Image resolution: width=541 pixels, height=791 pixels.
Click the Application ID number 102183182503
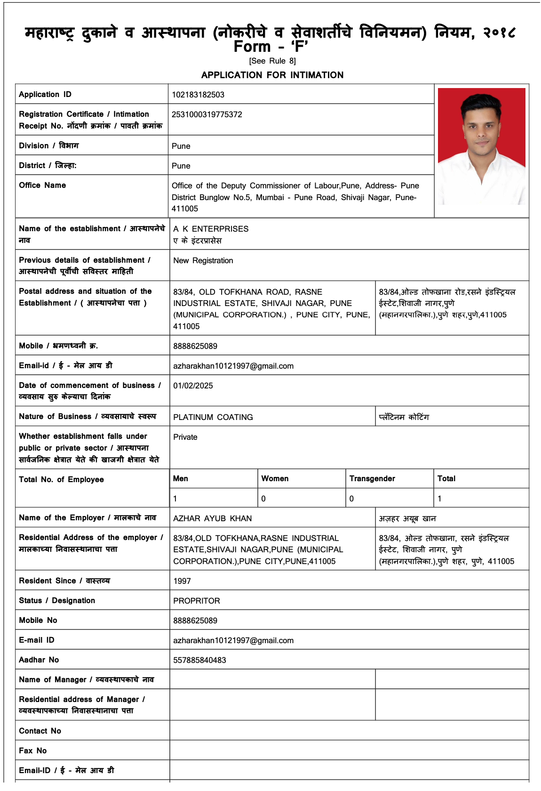(x=198, y=95)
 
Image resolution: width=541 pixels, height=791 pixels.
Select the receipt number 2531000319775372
(x=207, y=114)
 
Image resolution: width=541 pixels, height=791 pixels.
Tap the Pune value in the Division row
(x=181, y=146)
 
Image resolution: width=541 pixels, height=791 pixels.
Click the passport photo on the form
(x=481, y=146)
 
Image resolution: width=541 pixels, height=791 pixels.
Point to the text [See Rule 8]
(x=272, y=61)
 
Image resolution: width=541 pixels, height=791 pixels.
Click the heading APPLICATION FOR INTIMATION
(x=272, y=75)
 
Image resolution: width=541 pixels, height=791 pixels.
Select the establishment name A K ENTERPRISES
(x=211, y=229)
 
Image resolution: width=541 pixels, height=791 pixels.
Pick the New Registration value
(x=203, y=260)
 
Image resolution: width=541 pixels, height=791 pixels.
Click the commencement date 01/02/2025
(x=193, y=386)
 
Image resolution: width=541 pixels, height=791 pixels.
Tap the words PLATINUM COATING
(x=213, y=417)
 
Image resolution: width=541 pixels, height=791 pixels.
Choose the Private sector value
(x=185, y=437)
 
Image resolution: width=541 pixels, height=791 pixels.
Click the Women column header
(x=275, y=478)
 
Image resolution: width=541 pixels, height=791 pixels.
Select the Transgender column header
(x=372, y=478)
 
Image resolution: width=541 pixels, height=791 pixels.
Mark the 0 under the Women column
(x=263, y=499)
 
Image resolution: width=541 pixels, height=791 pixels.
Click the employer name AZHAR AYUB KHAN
(x=213, y=518)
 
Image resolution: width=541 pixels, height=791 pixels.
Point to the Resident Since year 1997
(x=182, y=581)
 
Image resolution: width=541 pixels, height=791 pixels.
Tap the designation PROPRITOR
(x=197, y=601)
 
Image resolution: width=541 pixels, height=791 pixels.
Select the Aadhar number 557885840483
(x=199, y=660)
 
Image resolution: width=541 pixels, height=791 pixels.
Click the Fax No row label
(x=33, y=751)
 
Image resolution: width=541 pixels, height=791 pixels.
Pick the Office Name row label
(x=42, y=185)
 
